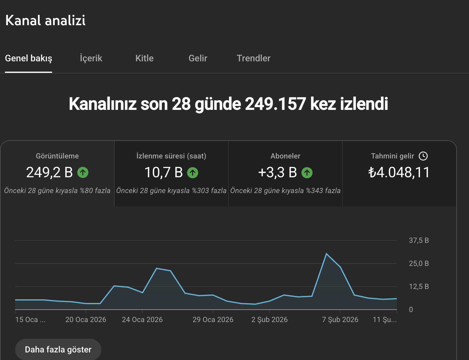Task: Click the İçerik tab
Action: click(x=91, y=58)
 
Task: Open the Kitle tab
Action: click(x=144, y=58)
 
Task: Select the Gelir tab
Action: click(x=198, y=58)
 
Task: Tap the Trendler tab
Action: click(x=253, y=58)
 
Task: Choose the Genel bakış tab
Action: click(x=29, y=58)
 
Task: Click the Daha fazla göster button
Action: click(x=58, y=349)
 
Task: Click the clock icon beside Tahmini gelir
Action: click(x=423, y=156)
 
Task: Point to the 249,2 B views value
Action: click(x=49, y=172)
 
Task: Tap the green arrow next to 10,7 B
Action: click(x=193, y=172)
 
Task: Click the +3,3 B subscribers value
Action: click(x=277, y=172)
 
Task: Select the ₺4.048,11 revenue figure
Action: click(x=399, y=172)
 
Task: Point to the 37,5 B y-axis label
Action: click(x=419, y=240)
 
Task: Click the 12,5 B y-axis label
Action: click(x=419, y=287)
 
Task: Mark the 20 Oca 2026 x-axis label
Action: click(x=86, y=320)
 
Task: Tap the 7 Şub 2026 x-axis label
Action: click(x=340, y=320)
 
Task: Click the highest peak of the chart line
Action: click(x=326, y=253)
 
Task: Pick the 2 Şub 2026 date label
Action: click(x=269, y=320)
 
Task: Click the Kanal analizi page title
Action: click(x=45, y=21)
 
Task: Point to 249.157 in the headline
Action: click(x=275, y=104)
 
